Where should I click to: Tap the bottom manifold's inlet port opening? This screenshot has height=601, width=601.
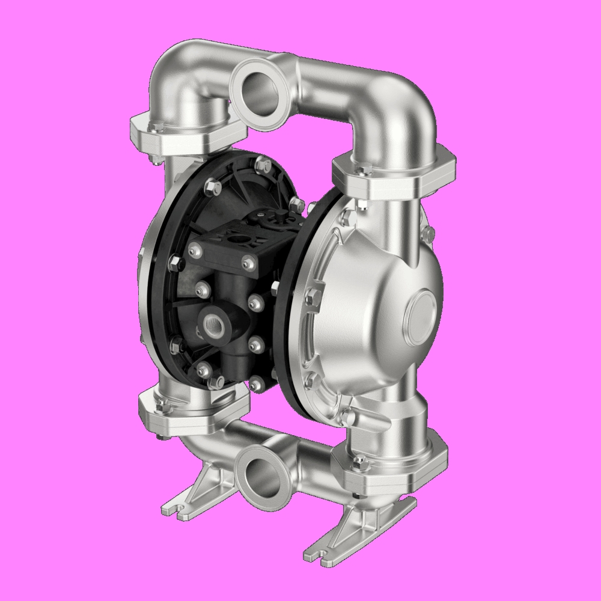[x=259, y=470]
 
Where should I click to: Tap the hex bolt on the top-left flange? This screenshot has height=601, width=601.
[x=157, y=126]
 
